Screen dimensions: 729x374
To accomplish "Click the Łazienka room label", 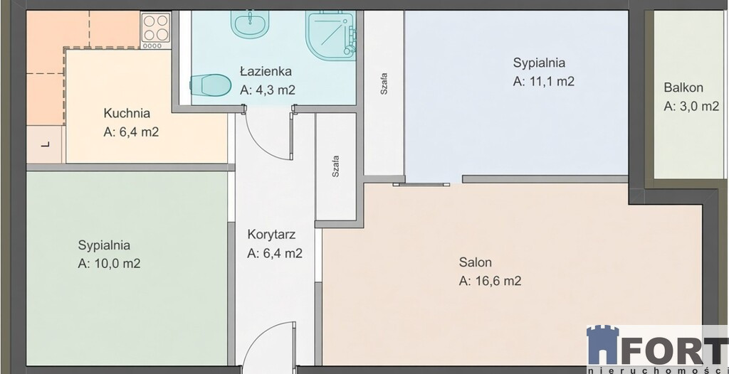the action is pos(266,72).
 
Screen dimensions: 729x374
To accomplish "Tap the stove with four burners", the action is pos(156,30).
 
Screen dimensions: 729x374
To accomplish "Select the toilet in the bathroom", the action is pos(211,85).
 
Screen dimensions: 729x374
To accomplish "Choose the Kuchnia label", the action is pos(127,113).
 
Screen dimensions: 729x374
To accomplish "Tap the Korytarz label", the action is pos(271,235).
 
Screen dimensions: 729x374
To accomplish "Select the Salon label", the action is pos(475,262).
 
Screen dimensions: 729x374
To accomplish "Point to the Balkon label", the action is pos(683,87).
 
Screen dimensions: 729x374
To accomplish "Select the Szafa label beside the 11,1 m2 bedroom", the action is pos(384,84).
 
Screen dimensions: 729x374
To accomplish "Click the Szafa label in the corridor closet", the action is pos(335,167).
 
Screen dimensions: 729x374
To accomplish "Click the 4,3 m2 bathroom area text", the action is pos(268,90).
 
